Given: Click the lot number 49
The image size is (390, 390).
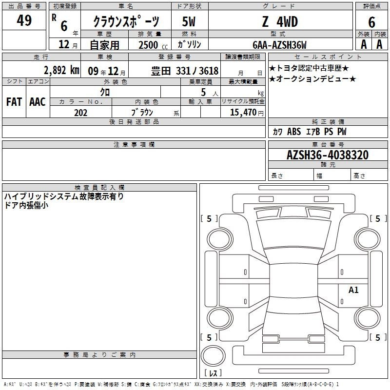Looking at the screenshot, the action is click(x=24, y=20).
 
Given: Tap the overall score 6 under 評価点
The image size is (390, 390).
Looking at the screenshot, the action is click(x=371, y=22).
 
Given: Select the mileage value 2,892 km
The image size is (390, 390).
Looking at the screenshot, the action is click(x=61, y=70).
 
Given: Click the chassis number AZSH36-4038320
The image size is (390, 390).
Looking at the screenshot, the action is click(x=328, y=155).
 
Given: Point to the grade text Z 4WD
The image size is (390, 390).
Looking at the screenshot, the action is click(x=280, y=21).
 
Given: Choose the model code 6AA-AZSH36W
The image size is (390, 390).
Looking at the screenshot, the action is click(x=279, y=45).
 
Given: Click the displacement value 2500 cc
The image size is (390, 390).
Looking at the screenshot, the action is click(x=153, y=45).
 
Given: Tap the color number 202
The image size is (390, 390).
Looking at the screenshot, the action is click(x=80, y=113).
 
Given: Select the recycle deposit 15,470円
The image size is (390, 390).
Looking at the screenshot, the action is click(x=247, y=113).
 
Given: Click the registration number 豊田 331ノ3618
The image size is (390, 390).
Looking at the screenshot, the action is click(x=185, y=71).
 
